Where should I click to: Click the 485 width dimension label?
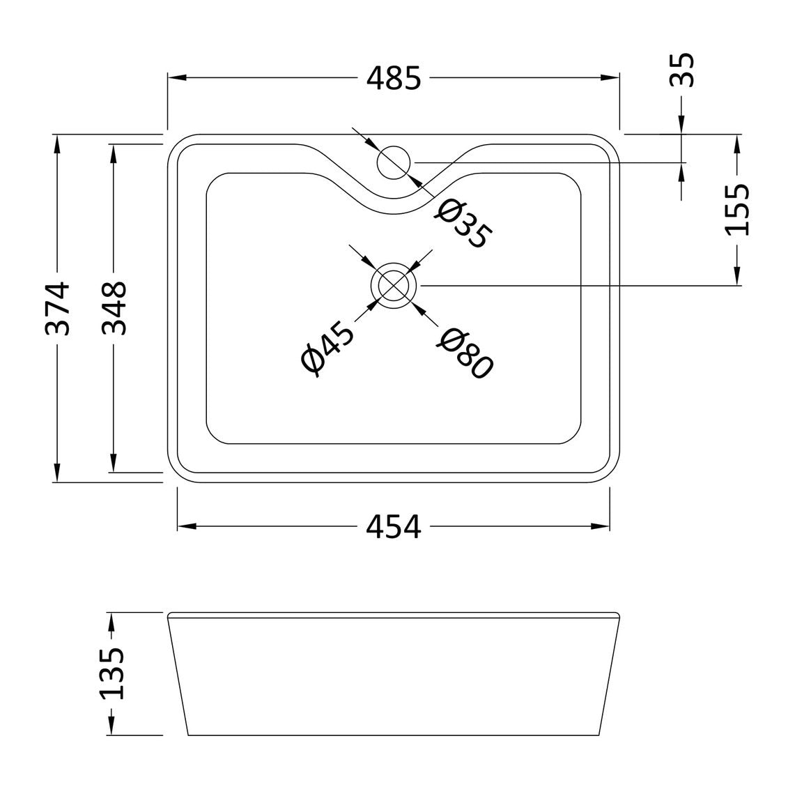(x=393, y=79)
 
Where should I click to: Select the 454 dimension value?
(x=393, y=528)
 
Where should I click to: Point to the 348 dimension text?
(x=114, y=309)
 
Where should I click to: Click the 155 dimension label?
(x=736, y=209)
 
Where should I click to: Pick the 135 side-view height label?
(x=111, y=674)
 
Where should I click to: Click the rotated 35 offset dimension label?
(x=682, y=70)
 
